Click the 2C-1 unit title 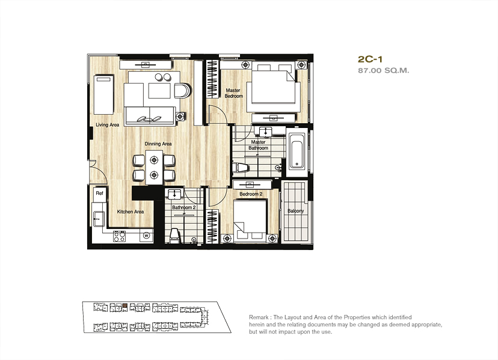(370, 59)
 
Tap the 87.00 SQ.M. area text (384, 70)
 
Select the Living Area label (107, 125)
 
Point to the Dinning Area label (158, 144)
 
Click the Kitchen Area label (131, 212)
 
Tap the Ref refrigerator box (99, 193)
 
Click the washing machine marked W (146, 236)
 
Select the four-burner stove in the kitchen (120, 236)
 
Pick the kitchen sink (99, 218)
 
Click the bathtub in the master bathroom (297, 151)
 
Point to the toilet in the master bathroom (240, 167)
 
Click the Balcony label (296, 211)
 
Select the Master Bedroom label (233, 93)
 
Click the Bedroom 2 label (251, 194)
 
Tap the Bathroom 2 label (184, 207)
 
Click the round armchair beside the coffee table (183, 91)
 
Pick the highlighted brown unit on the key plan (125, 305)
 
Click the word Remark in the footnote (259, 317)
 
